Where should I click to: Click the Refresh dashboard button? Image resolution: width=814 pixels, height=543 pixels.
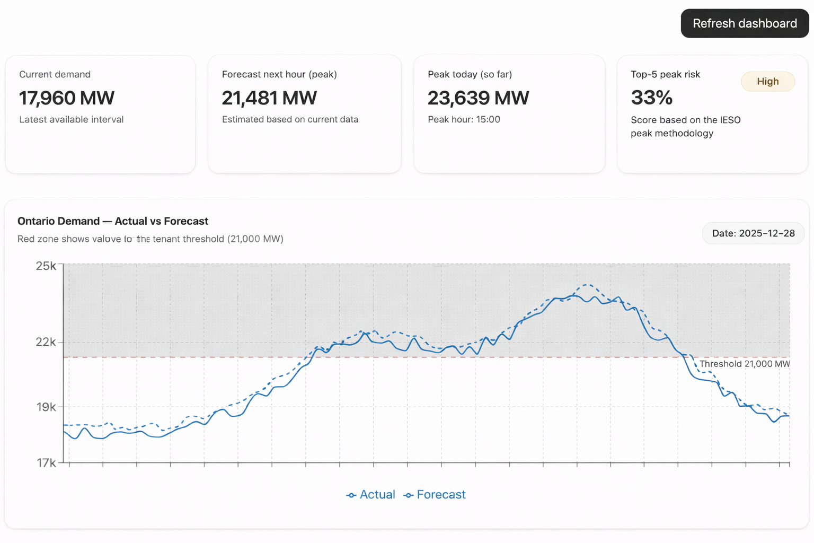click(745, 23)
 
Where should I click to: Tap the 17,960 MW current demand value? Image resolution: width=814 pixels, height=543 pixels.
click(67, 98)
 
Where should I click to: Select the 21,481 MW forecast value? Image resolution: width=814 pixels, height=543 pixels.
click(269, 98)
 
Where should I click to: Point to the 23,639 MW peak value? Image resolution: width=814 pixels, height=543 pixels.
click(478, 98)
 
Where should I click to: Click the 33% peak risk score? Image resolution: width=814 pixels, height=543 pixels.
click(651, 98)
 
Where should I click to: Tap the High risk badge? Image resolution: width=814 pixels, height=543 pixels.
click(767, 82)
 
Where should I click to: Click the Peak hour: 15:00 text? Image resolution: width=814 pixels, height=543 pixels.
click(464, 119)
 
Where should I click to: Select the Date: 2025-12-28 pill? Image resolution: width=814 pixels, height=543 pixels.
click(753, 233)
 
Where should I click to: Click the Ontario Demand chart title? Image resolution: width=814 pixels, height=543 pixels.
click(113, 221)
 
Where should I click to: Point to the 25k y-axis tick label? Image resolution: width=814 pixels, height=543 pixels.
click(46, 266)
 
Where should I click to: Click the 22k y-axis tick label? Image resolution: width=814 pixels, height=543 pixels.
click(46, 342)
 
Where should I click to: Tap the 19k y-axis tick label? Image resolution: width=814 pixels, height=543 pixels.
click(46, 407)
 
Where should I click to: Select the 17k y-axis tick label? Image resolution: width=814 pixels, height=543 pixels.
click(46, 463)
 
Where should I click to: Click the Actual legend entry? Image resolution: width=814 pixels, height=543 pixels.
click(371, 495)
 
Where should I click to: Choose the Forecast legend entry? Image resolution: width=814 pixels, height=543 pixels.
click(435, 495)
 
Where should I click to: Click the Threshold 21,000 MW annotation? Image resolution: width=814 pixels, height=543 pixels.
click(744, 364)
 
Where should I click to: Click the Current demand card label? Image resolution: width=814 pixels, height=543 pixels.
click(55, 74)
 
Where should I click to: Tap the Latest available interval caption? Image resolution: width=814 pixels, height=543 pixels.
click(72, 119)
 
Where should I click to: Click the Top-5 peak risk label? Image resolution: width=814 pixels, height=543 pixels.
click(665, 74)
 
